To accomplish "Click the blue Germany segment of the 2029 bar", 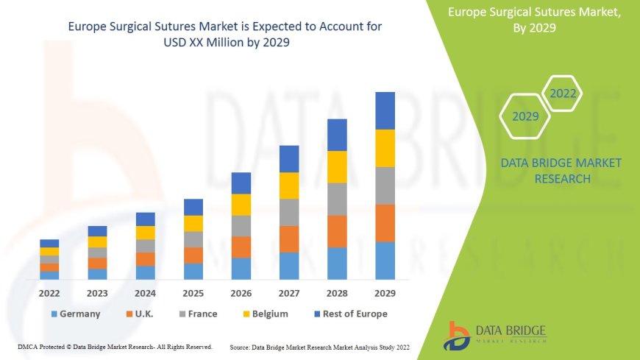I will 385,261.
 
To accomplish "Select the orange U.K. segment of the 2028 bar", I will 337,231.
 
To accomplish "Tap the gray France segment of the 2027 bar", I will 289,212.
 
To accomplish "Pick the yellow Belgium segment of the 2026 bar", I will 241,205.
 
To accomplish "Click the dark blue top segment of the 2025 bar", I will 193,207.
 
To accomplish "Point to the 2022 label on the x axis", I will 49,293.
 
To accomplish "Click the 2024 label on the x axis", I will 146,293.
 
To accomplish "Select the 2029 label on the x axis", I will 385,293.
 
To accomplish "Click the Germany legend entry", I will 75,314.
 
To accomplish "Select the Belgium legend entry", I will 263,314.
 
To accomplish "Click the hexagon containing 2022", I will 563,93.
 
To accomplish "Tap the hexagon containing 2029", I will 525,116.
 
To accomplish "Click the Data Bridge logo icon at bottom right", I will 458,335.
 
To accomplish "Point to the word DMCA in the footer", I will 28,346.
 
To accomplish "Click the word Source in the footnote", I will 242,346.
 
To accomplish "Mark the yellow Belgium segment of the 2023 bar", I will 97,241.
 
